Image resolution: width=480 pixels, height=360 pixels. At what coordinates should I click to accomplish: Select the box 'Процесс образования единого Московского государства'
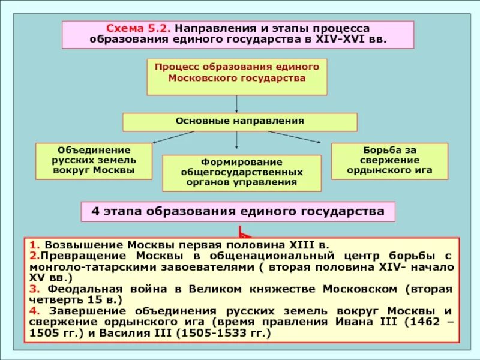click(237, 76)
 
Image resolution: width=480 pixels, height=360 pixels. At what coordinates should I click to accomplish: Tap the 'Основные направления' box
click(240, 122)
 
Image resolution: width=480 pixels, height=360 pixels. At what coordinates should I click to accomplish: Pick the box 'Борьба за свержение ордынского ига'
click(389, 160)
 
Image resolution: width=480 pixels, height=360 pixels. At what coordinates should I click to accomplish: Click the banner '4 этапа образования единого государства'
click(238, 212)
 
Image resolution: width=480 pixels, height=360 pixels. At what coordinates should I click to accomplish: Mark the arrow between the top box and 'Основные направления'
click(237, 104)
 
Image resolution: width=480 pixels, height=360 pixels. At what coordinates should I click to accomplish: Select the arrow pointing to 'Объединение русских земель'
click(174, 137)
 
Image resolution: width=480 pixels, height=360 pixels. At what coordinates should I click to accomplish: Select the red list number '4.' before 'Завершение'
click(35, 311)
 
